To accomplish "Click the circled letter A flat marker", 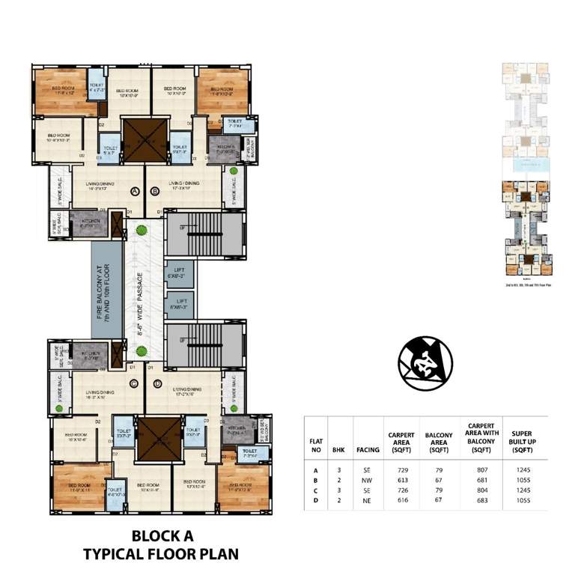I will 135,192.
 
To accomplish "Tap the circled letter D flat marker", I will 157,384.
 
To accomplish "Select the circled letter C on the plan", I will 135,384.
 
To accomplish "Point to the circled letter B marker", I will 155,192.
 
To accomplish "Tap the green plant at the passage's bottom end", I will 139,350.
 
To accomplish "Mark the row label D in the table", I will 315,499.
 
